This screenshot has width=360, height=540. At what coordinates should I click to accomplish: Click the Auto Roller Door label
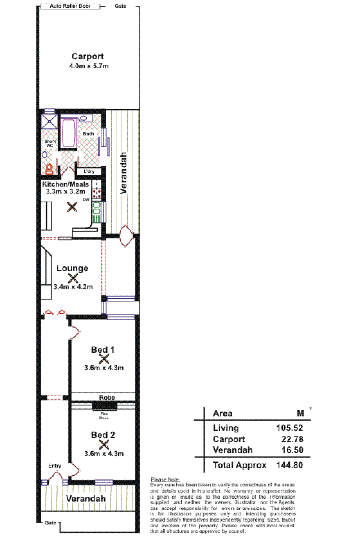click(x=70, y=6)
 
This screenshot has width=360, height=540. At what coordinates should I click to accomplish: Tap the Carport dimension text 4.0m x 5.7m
click(x=89, y=66)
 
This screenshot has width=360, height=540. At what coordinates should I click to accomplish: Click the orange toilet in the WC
click(x=49, y=169)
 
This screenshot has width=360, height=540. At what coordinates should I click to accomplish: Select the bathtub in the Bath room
click(x=69, y=133)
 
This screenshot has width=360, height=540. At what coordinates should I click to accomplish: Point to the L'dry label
click(x=89, y=171)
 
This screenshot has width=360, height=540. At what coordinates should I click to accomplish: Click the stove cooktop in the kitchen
click(x=96, y=193)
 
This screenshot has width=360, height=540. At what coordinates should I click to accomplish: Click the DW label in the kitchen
click(x=86, y=200)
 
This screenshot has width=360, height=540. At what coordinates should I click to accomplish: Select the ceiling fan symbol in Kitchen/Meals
click(x=72, y=207)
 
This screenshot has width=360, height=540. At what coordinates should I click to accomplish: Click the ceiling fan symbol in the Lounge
click(x=73, y=278)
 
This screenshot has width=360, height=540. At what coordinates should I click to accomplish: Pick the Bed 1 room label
click(x=103, y=350)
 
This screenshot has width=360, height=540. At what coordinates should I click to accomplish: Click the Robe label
click(x=107, y=397)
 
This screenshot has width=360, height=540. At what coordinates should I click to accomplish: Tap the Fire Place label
click(x=104, y=416)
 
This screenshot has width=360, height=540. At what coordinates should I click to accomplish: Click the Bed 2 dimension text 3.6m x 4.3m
click(x=104, y=454)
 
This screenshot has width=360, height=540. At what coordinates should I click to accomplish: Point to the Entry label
click(x=55, y=466)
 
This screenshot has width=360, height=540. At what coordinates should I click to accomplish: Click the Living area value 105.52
click(x=289, y=427)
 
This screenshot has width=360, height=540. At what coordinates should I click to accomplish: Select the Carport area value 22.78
click(x=292, y=439)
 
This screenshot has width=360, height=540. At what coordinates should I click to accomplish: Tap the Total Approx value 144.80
click(x=289, y=465)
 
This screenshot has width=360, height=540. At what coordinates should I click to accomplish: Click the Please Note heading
click(x=166, y=479)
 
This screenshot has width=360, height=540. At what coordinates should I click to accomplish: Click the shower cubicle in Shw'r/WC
click(x=49, y=121)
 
